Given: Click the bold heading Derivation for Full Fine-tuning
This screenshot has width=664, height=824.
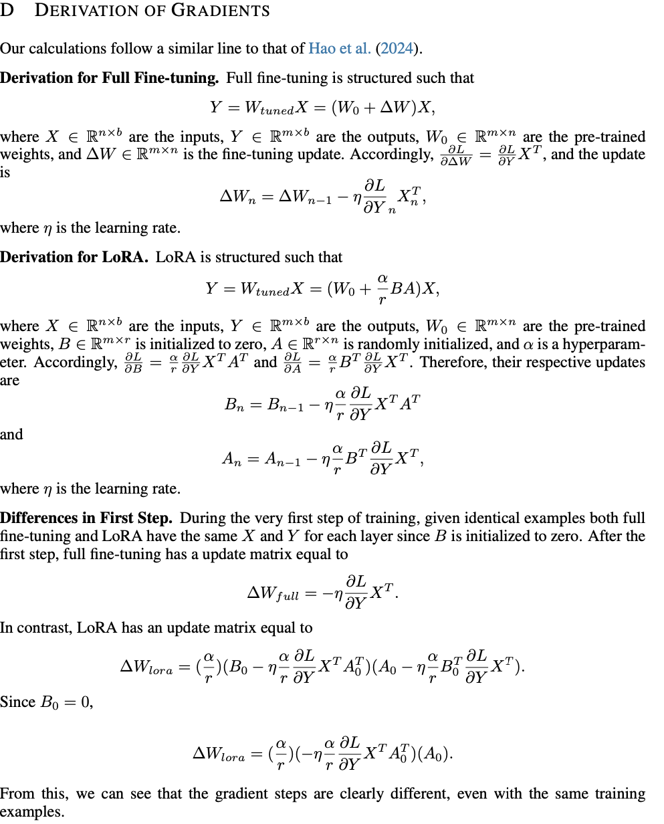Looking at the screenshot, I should (109, 78).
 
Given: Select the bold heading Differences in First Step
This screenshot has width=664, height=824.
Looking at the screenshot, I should (87, 518).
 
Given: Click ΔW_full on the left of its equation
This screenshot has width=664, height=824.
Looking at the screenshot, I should (273, 593).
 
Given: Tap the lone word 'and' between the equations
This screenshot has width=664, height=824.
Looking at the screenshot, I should (11, 435).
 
